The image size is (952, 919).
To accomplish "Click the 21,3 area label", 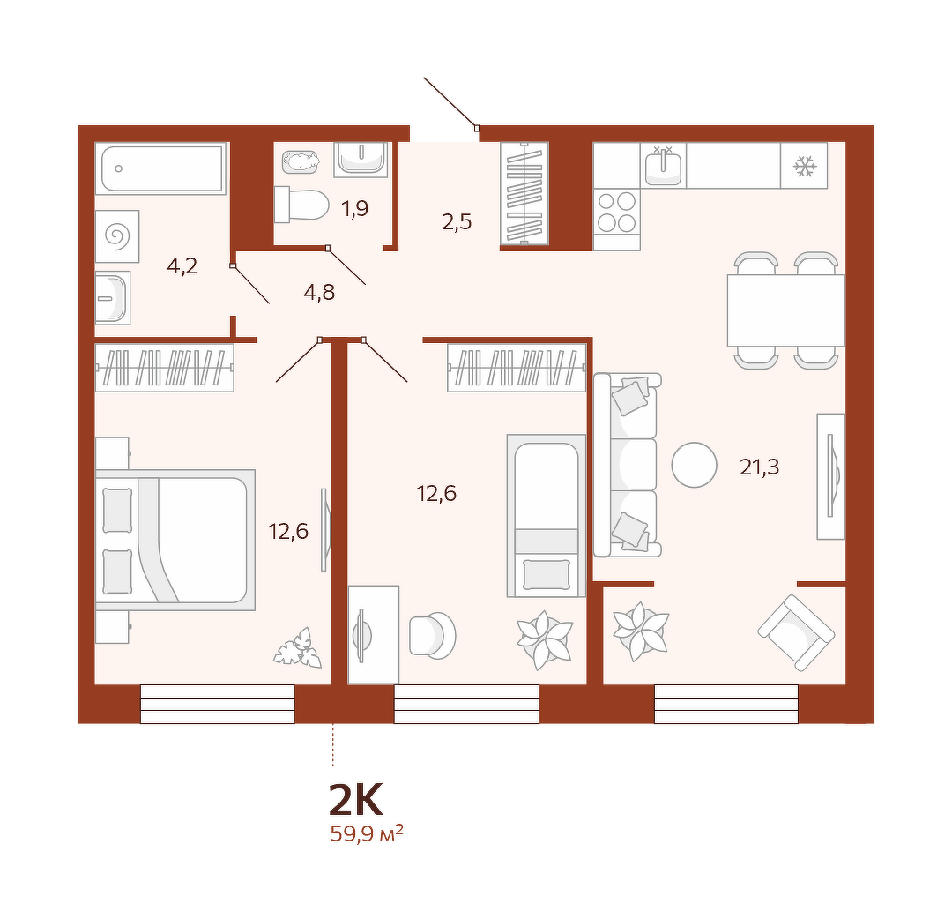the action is coord(759,467).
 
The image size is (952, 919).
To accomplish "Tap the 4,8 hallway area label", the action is coord(319,293).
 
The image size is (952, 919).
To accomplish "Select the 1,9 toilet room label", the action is coord(354,209).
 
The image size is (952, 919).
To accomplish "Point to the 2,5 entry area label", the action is coord(457,222).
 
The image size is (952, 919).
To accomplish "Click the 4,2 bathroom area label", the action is coord(182,266).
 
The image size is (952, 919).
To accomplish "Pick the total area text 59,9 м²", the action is coord(367,833).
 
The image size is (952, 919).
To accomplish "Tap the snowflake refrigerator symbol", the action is coord(805,166).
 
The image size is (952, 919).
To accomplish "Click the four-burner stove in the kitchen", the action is coord(617,213).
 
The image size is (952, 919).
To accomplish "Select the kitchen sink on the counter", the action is coord(664,166).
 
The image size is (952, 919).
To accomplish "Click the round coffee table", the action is coord(694,465).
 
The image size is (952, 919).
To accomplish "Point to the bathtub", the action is coord(161,168).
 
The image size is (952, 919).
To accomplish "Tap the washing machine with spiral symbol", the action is coord(118,236).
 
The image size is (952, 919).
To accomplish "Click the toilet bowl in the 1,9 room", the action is coord(301,205).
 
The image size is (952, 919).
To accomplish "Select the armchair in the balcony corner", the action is coord(796,633).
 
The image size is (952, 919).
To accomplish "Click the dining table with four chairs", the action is coord(786,310).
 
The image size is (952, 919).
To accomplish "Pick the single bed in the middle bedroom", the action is coord(547,516).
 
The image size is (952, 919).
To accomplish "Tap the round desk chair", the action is coord(432,636).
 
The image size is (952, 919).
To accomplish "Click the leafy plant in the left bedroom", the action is coord(298,648).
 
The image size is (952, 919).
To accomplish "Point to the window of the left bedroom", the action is coord(218,704).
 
